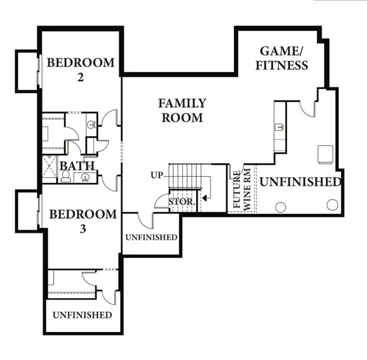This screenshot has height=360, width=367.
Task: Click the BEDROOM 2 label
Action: click(81, 69)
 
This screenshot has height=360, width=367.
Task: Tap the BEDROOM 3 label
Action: click(83, 221)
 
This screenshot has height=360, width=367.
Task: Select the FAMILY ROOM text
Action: click(182, 110)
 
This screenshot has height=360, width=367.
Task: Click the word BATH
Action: click(77, 166)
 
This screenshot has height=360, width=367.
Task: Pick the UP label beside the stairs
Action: click(157, 175)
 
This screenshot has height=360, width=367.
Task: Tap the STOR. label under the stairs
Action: click(182, 202)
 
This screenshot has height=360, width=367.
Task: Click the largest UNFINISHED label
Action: click(300, 182)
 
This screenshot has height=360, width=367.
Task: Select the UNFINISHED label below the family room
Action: click(151, 237)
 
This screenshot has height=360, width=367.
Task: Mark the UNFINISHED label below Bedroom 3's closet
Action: click(82, 315)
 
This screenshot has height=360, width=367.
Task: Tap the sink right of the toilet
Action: click(85, 177)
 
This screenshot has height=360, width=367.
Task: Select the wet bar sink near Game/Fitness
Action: click(279, 126)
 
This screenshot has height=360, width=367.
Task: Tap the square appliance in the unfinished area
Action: click(326, 153)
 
